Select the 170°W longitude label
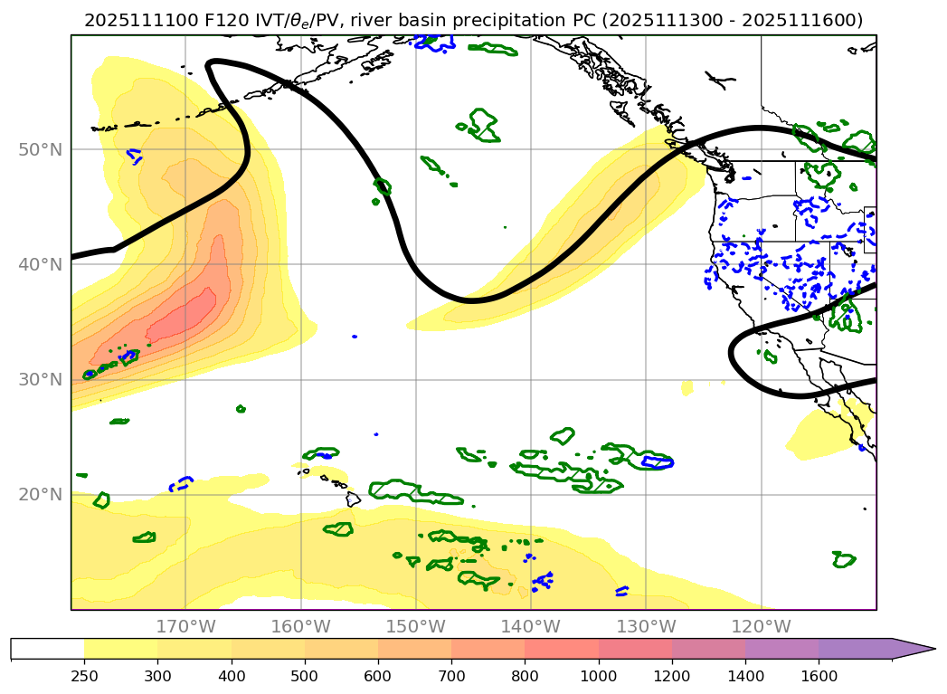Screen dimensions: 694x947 (x=185, y=626)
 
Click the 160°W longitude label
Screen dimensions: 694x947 (x=300, y=626)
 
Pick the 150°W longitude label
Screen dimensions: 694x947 (x=415, y=626)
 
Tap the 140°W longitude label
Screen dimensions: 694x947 (x=531, y=626)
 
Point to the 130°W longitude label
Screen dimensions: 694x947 (x=646, y=626)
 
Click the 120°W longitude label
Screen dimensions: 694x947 (x=761, y=626)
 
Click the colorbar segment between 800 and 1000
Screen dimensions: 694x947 (x=562, y=649)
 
